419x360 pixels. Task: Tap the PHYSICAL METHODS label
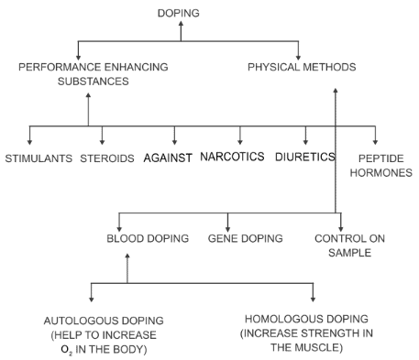[x=302, y=67]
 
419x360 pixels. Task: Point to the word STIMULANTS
[x=38, y=158]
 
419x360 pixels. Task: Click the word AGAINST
[x=168, y=158]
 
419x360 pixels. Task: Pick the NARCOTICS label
[x=233, y=157]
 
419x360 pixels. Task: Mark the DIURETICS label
[x=305, y=157]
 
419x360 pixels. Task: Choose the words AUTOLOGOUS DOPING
[x=104, y=322]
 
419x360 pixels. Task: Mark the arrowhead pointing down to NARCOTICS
[x=240, y=140]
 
